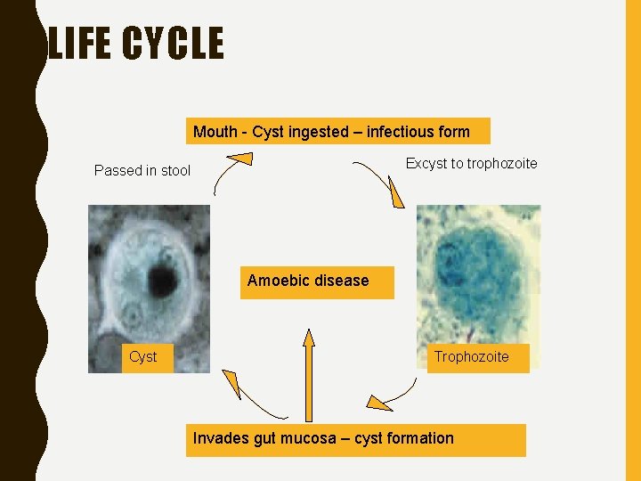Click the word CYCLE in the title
pos(174,44)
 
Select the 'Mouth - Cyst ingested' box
pos(337,132)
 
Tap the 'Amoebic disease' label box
pos(316,281)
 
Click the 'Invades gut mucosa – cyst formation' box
pos(355,439)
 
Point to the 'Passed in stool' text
pos(142,171)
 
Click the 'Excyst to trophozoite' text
pos(471,164)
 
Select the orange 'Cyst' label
pos(142,357)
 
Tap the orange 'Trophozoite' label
pos(471,357)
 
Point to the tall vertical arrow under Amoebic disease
pos(309,374)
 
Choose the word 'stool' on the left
pos(175,171)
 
